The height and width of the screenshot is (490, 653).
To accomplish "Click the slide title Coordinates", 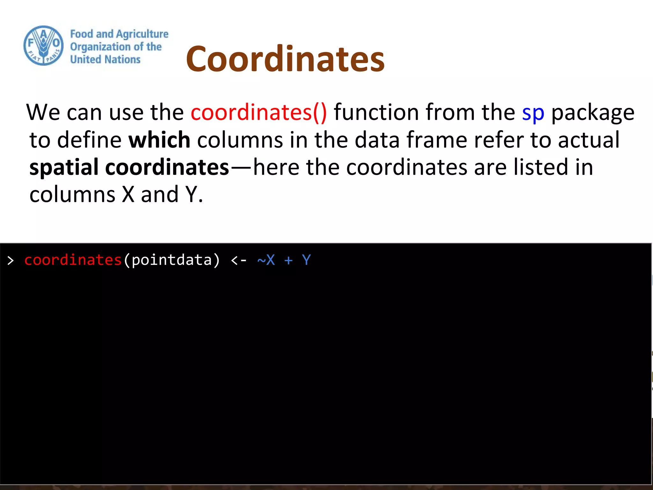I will pos(285,59).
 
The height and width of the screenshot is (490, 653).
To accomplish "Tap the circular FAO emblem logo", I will pos(44,46).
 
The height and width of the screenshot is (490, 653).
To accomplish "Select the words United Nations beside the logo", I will pos(105,60).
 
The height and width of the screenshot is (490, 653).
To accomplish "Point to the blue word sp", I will pos(533,113).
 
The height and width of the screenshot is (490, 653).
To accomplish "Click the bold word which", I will pos(159,140).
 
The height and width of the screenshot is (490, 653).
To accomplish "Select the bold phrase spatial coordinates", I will pos(129,167).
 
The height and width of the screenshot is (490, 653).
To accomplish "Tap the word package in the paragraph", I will pos(593,113).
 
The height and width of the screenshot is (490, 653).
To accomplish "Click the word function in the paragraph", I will pos(376,112).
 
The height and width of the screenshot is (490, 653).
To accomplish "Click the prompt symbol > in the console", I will pos(11,261).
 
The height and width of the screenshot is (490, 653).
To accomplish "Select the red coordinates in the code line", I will pos(73,260).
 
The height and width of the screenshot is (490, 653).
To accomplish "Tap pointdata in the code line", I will pos(172,260).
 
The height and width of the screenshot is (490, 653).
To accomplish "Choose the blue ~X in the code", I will pos(266,260).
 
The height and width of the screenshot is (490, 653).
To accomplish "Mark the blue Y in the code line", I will pos(306,260).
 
